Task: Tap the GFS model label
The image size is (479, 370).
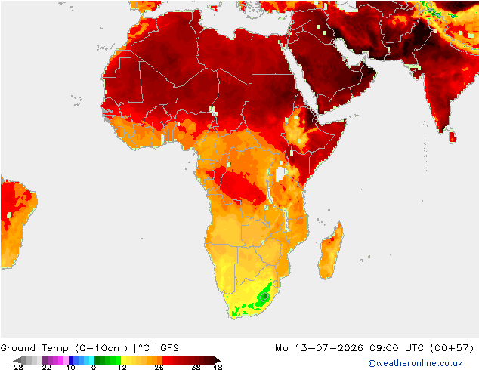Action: click(169, 348)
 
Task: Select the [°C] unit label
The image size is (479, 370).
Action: click(144, 348)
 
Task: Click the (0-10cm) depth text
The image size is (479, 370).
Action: click(101, 348)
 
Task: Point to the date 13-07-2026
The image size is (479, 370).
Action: click(329, 348)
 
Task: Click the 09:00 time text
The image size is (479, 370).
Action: click(384, 348)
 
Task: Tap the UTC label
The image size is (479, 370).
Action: click(415, 348)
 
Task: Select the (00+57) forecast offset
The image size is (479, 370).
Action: click(452, 348)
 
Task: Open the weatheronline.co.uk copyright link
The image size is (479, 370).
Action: click(416, 363)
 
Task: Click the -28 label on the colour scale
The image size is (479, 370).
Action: click(15, 367)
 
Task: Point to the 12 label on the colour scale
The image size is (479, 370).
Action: click(122, 367)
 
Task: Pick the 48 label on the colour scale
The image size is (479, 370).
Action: click(218, 367)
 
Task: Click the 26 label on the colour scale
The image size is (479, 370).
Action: click(159, 367)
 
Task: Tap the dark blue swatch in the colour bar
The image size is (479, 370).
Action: click(71, 360)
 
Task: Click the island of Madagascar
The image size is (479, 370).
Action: click(331, 251)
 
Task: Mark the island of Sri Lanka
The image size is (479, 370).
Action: click(453, 135)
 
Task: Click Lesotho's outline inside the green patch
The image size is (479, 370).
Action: click(264, 296)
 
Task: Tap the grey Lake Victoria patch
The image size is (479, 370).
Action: click(280, 174)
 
